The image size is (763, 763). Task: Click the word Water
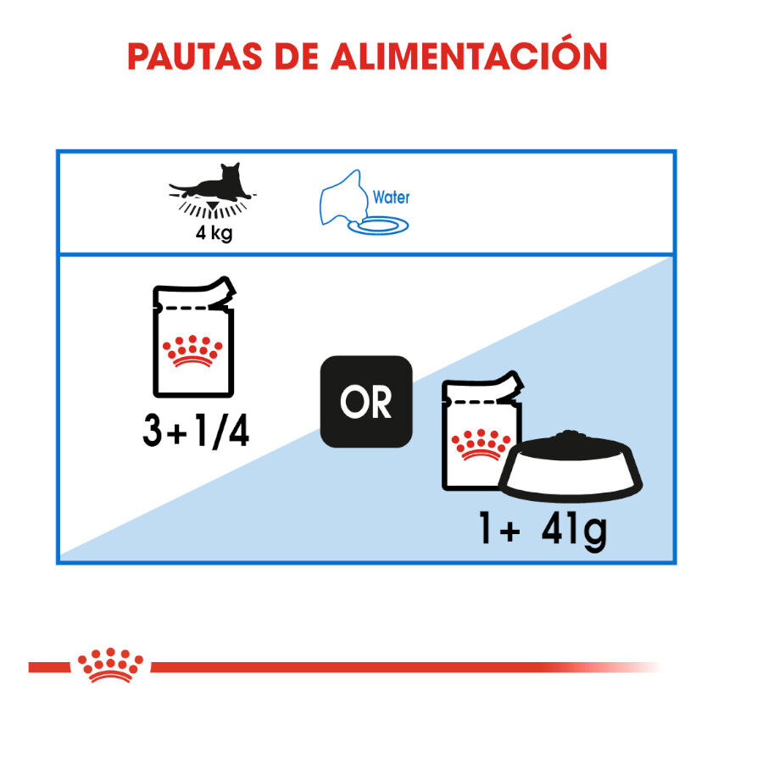(391, 198)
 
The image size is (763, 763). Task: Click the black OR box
(366, 402)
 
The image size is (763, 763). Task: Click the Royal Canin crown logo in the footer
(111, 666)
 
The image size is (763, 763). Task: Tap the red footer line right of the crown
(381, 667)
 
